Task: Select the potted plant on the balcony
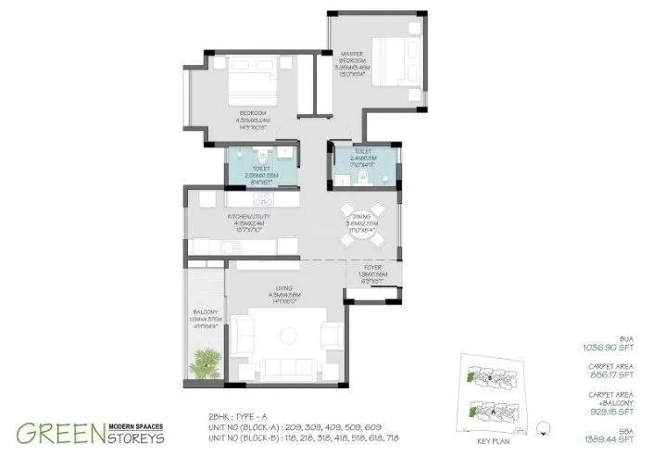207,361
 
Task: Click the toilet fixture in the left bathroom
262,153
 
